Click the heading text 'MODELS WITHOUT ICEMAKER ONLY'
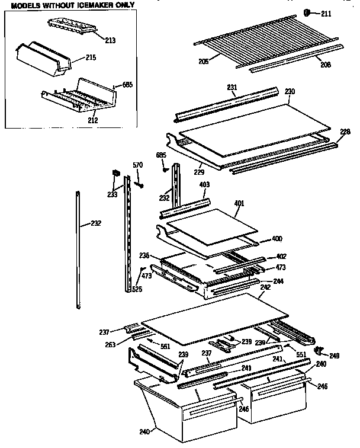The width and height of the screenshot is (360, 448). click(69, 5)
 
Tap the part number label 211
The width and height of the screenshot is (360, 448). click(326, 12)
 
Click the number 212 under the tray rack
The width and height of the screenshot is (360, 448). click(92, 120)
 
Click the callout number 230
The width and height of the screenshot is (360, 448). click(290, 91)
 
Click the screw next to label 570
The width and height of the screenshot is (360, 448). click(140, 185)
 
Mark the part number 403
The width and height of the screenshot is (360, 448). click(205, 185)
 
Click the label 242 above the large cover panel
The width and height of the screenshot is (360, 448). click(265, 287)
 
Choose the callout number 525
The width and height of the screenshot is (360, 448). click(137, 289)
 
